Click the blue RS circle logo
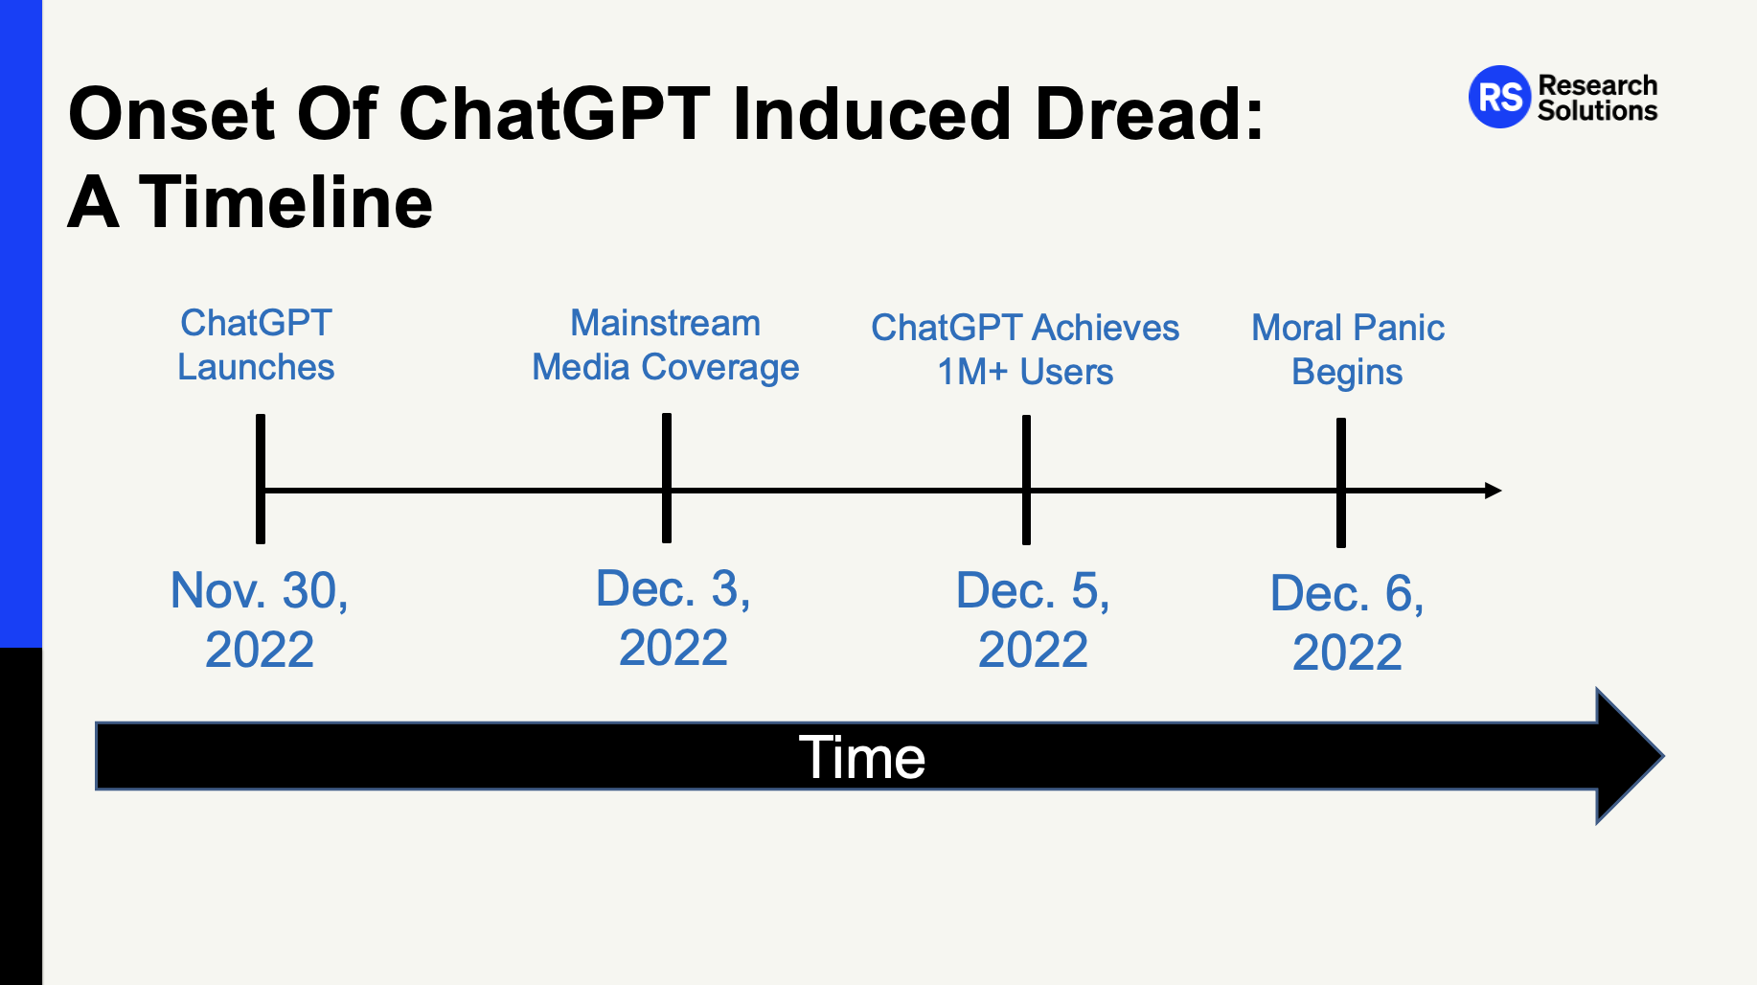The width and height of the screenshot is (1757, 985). click(1499, 97)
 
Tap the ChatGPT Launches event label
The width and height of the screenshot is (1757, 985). click(256, 345)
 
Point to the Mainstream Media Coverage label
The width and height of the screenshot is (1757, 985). click(665, 345)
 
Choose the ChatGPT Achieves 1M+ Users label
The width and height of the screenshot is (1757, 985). click(1025, 350)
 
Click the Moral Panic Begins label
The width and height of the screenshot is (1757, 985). click(1348, 350)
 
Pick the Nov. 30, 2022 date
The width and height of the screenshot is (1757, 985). click(260, 619)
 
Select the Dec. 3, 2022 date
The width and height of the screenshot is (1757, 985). click(673, 617)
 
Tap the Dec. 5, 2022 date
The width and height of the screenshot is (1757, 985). click(1033, 619)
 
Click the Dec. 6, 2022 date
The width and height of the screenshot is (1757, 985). click(1347, 622)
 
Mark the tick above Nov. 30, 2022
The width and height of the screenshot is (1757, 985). click(261, 479)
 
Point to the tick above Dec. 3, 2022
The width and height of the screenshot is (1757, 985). click(667, 478)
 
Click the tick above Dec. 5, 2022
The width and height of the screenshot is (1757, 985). click(1026, 480)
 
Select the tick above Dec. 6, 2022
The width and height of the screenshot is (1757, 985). click(1341, 483)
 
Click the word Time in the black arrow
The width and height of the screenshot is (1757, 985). click(862, 758)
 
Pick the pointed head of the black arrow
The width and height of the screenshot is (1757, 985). click(1664, 756)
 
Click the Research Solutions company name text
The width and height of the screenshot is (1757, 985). click(1597, 98)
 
